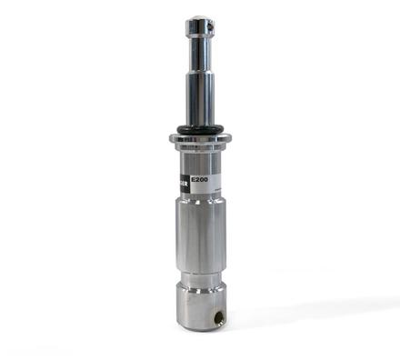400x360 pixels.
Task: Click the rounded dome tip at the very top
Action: click(x=199, y=17)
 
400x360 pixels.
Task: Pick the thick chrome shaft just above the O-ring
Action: click(x=199, y=100)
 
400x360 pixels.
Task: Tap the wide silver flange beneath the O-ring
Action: click(x=199, y=140)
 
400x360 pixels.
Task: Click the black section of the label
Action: click(x=182, y=182)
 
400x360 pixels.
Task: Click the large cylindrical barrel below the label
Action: click(x=199, y=236)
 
